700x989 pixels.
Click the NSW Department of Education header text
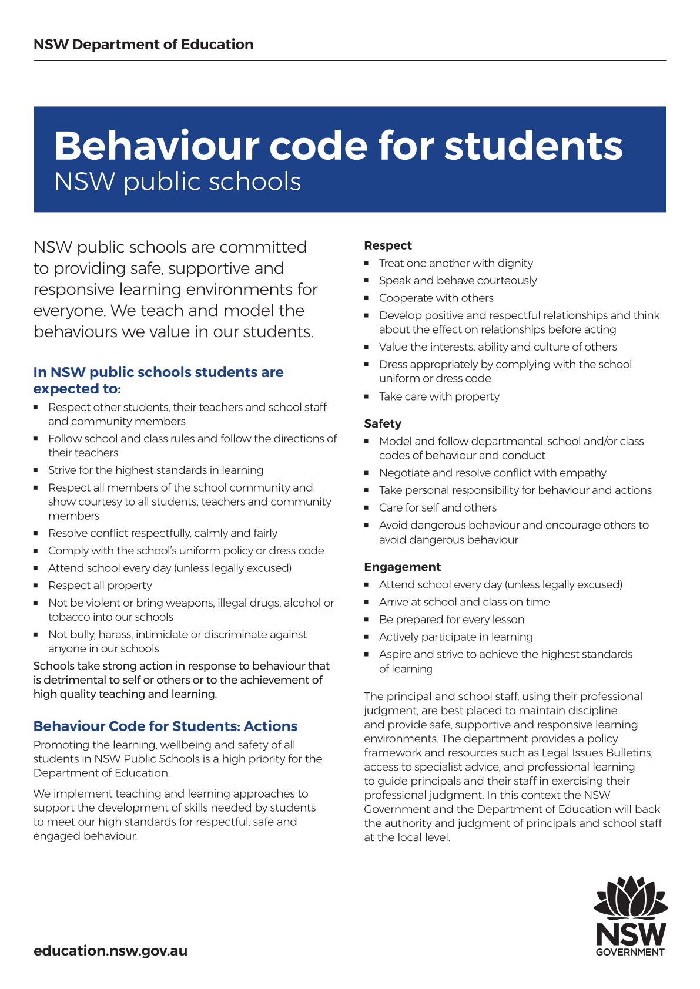[143, 45]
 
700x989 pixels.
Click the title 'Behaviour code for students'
[338, 146]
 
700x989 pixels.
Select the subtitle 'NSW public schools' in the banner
[177, 181]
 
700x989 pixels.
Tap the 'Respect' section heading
[388, 245]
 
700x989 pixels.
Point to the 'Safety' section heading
[383, 423]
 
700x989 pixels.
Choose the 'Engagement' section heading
[402, 567]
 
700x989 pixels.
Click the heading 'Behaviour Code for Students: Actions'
[165, 726]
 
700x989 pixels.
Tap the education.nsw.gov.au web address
[110, 951]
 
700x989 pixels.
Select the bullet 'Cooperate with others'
[436, 298]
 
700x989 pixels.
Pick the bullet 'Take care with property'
[439, 396]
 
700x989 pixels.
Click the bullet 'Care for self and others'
[437, 507]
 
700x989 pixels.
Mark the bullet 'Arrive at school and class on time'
[464, 602]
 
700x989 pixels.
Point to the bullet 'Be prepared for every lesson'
[451, 620]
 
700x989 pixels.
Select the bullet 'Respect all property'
[100, 586]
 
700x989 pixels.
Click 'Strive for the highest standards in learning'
[156, 470]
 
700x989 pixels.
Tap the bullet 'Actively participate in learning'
[455, 637]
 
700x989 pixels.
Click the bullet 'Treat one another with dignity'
[456, 263]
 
